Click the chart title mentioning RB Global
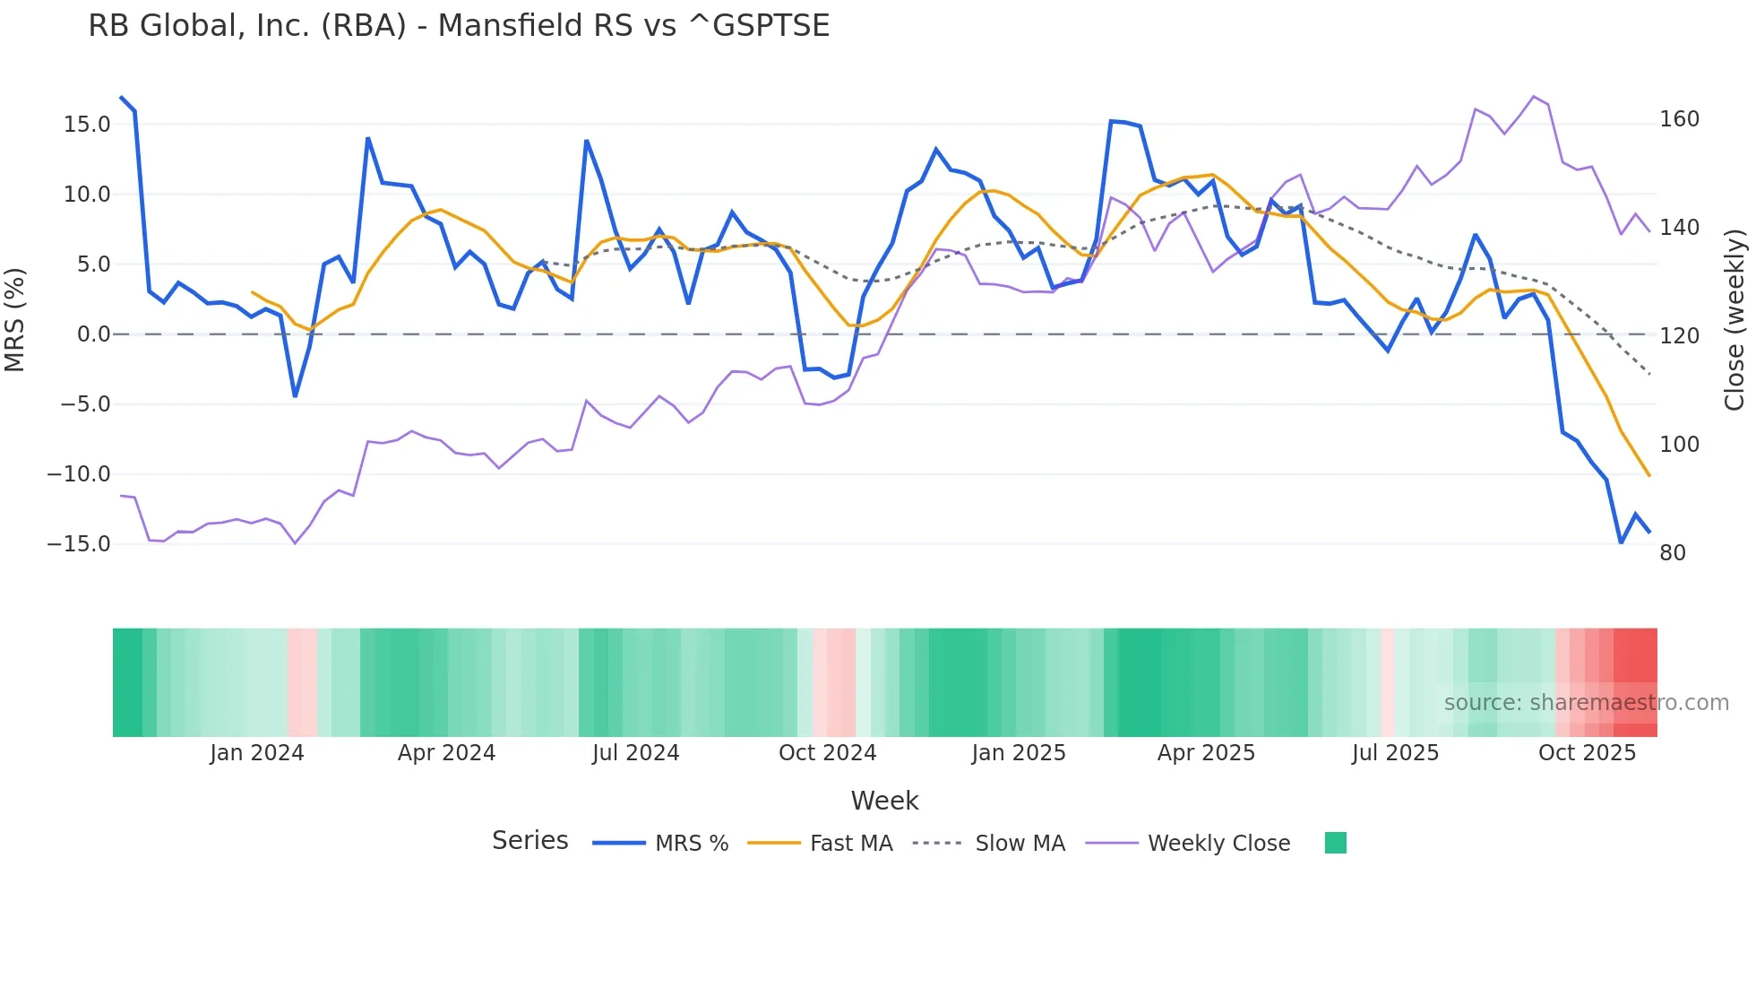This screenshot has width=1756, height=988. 459,26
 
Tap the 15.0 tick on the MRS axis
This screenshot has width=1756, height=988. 87,125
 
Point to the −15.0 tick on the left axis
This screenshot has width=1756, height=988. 79,544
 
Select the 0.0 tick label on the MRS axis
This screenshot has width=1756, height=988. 94,334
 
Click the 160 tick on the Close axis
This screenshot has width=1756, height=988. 1679,119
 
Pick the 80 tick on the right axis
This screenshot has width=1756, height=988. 1673,553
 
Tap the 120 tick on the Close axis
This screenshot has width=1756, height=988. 1679,336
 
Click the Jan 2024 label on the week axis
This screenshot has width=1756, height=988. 257,753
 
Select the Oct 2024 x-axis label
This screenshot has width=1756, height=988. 827,753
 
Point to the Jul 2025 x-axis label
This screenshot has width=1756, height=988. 1395,753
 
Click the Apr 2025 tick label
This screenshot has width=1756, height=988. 1206,753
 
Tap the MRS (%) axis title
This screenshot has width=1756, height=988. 15,319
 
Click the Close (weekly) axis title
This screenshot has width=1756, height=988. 1735,319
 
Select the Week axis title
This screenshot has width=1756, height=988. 884,801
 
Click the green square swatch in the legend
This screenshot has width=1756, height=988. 1335,843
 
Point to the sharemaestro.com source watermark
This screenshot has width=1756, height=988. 1586,703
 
